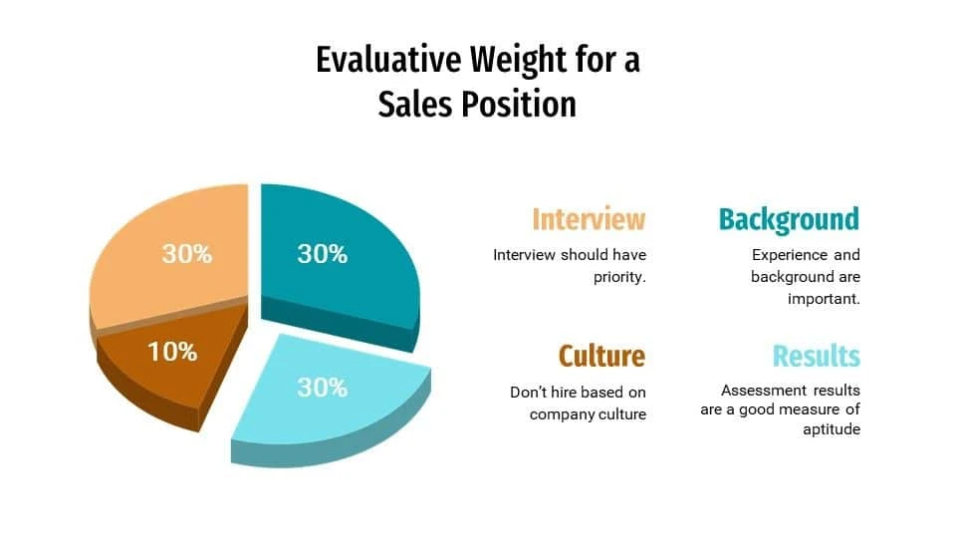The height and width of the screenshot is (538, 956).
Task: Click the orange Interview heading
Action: [589, 219]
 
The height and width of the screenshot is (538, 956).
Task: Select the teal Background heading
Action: [789, 219]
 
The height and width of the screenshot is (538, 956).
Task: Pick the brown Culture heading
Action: [601, 356]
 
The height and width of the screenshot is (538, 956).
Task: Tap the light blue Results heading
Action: [816, 356]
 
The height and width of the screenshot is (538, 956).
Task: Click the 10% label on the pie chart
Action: [172, 351]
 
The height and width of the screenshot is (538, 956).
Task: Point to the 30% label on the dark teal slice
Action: [322, 254]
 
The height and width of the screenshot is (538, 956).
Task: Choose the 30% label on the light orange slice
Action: [187, 254]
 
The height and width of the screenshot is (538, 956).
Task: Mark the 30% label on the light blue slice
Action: [322, 388]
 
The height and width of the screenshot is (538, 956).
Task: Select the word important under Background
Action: [824, 299]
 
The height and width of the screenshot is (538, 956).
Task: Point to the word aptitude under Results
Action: [832, 429]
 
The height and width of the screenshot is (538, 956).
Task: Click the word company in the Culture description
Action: [563, 413]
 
